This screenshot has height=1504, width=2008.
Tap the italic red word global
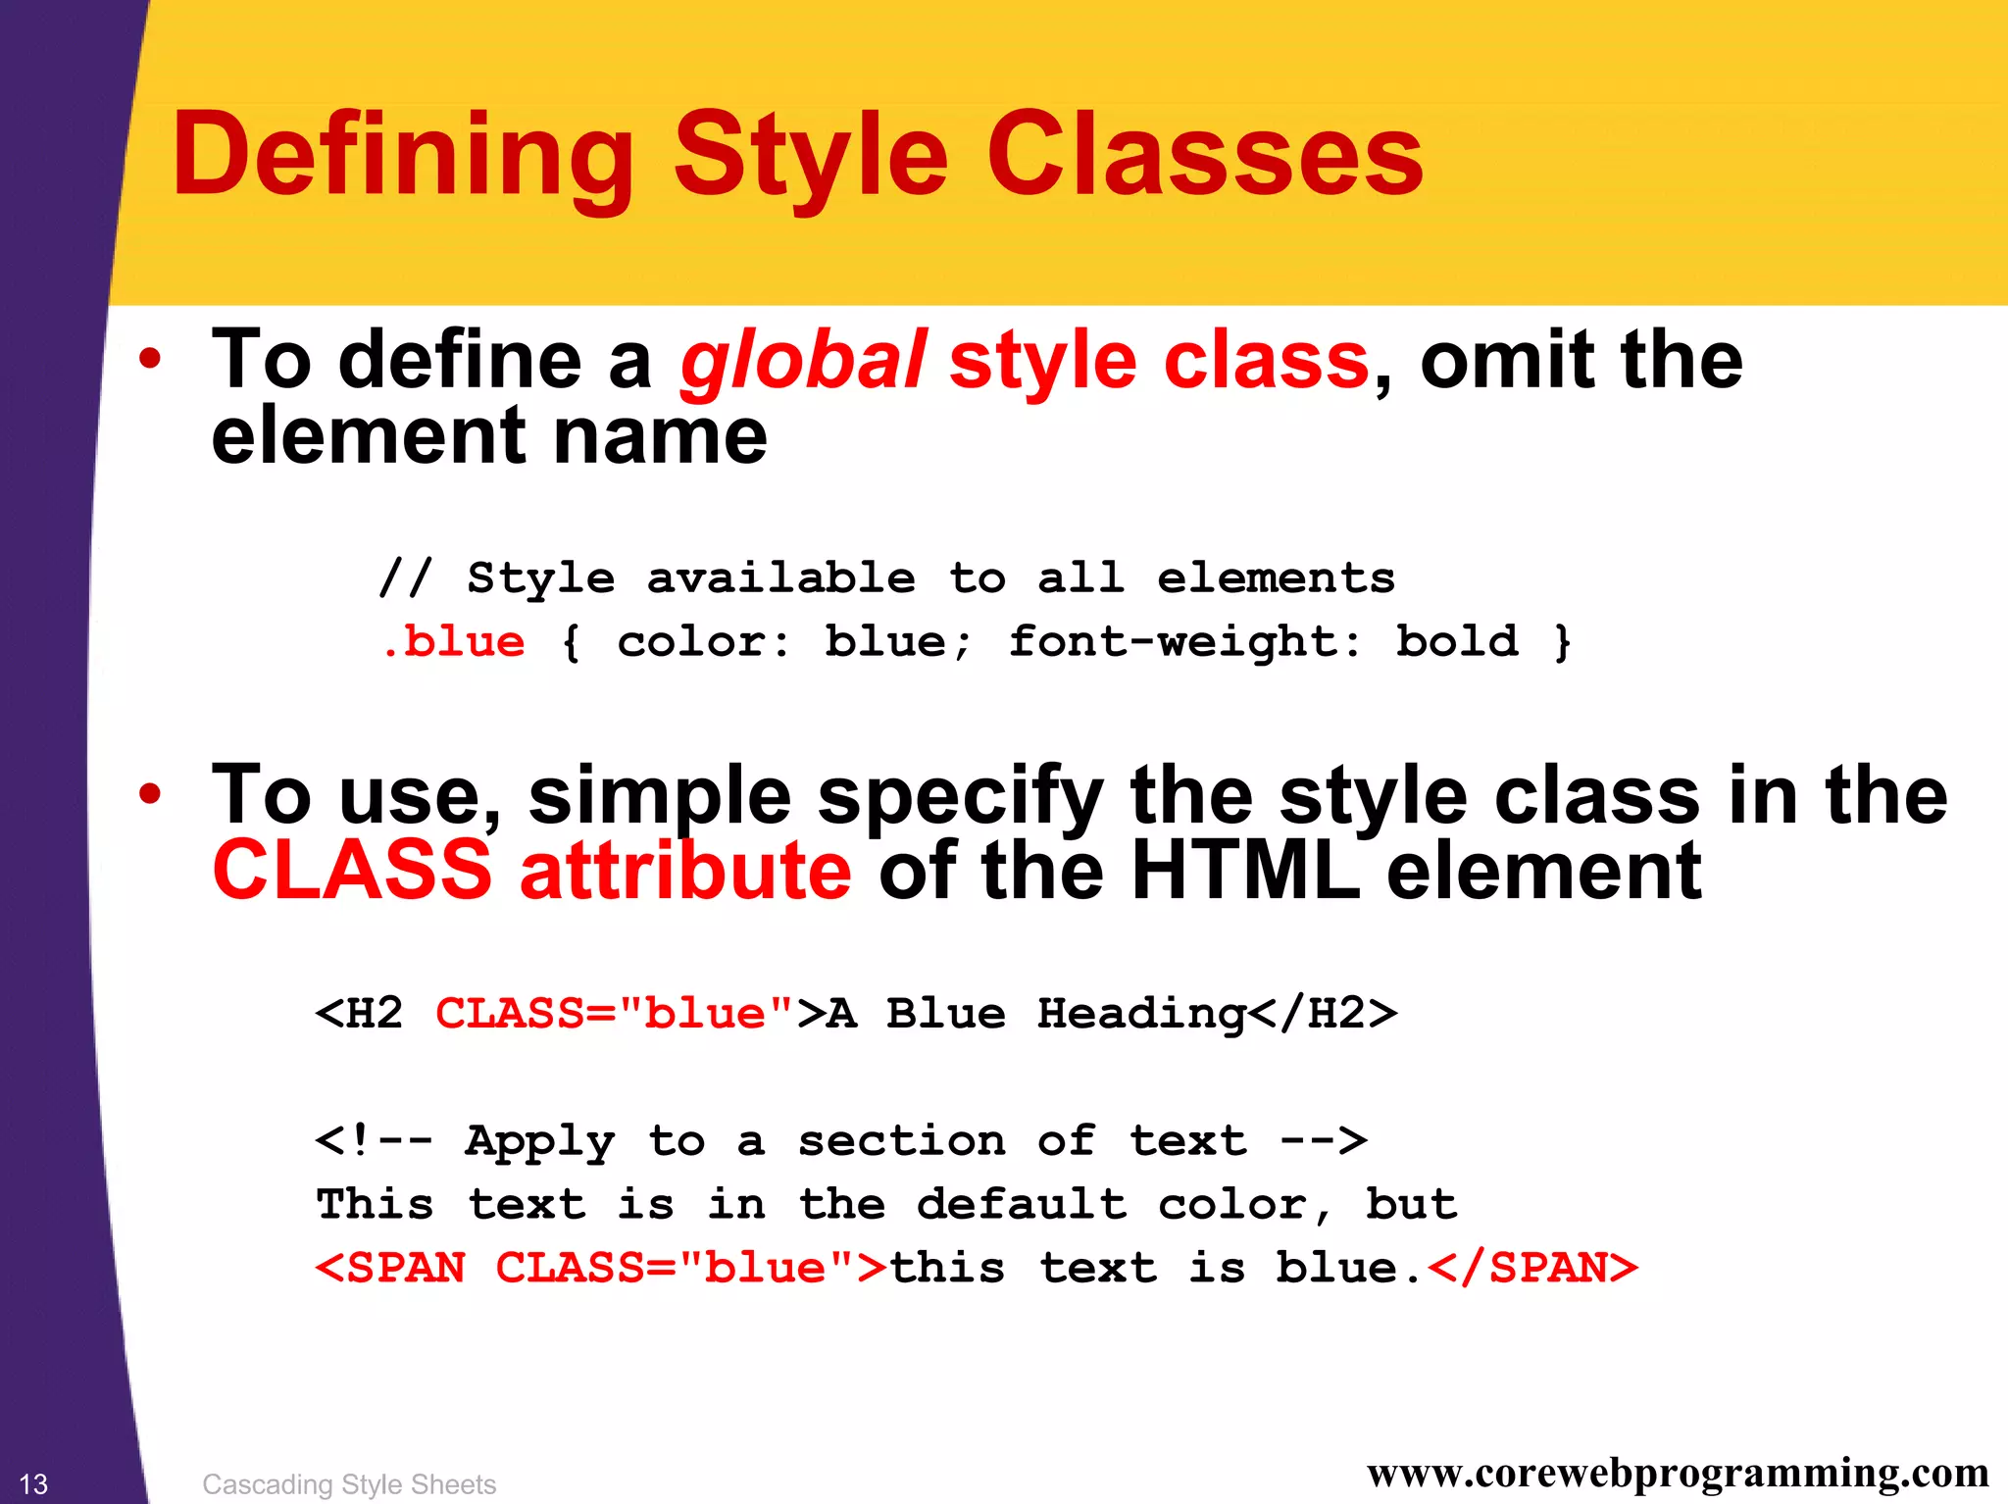[x=802, y=361]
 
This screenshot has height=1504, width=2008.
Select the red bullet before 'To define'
[x=149, y=359]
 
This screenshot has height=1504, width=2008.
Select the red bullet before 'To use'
[x=149, y=794]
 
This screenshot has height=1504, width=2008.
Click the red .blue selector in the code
[x=454, y=642]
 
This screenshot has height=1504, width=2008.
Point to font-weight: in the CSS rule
[x=1184, y=642]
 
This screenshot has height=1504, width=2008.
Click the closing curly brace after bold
[x=1562, y=642]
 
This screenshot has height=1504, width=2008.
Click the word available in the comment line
[x=781, y=578]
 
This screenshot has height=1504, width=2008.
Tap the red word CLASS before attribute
[x=351, y=871]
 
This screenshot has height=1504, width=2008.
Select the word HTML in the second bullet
[x=1245, y=871]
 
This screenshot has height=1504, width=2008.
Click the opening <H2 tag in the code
[x=359, y=1013]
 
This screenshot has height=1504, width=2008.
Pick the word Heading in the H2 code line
[x=1141, y=1013]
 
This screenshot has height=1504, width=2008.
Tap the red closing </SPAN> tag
[x=1532, y=1268]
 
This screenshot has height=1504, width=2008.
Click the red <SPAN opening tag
[x=390, y=1268]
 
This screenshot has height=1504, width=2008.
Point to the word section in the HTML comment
[x=901, y=1140]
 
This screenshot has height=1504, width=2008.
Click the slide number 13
[x=33, y=1483]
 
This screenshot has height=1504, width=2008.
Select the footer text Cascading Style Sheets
[x=349, y=1484]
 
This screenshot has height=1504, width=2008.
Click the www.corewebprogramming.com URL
[x=1678, y=1473]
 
